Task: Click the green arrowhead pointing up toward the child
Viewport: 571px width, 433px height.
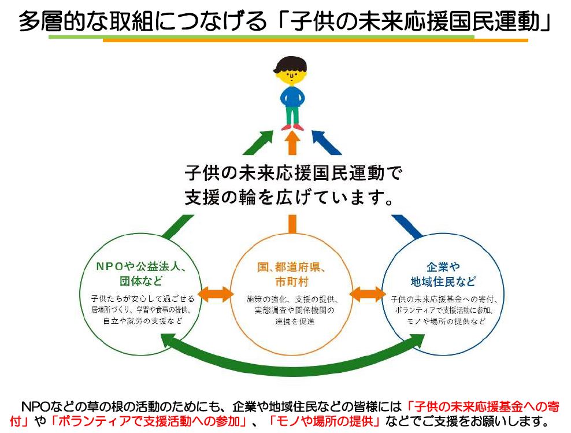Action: click(x=262, y=139)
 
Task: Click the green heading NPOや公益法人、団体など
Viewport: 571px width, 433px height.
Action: click(x=141, y=274)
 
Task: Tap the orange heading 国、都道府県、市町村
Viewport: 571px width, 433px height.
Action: click(x=292, y=274)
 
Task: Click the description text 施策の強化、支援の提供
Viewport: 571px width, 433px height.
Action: click(x=292, y=299)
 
